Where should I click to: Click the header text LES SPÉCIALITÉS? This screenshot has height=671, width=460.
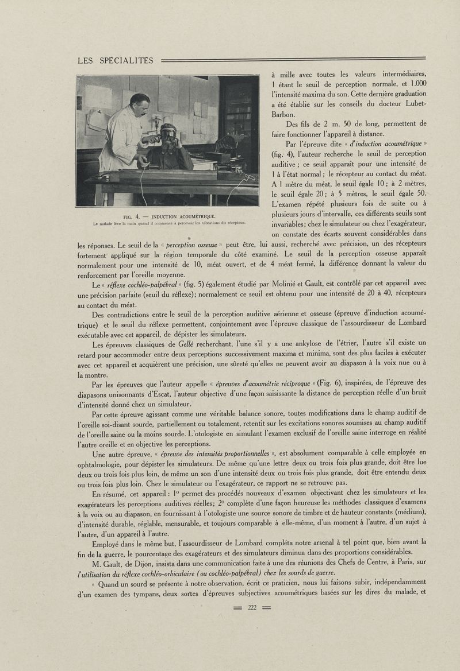tap(115, 60)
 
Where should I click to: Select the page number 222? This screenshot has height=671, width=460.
tap(251, 608)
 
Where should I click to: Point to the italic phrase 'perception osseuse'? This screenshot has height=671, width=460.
tap(191, 245)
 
